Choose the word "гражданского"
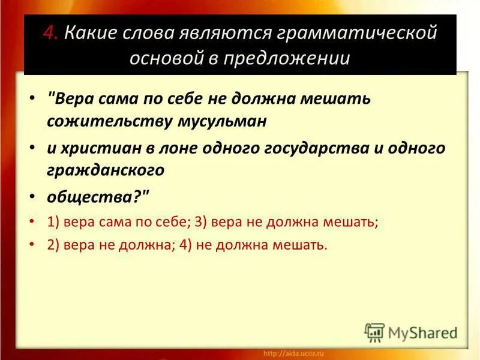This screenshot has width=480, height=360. (106, 170)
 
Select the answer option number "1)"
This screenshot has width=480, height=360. (55, 221)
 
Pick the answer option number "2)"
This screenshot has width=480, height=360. (55, 245)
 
